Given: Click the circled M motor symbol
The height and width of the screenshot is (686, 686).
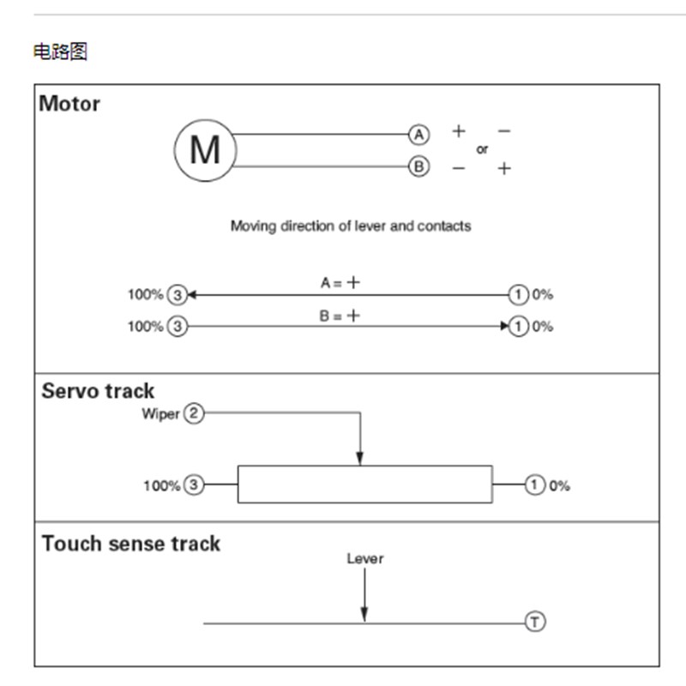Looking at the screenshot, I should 204,150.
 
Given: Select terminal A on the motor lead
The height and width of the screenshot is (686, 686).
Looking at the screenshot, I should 418,135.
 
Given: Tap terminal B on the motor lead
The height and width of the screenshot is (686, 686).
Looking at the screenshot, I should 418,166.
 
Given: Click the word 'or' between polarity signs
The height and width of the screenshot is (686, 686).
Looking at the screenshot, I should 482,149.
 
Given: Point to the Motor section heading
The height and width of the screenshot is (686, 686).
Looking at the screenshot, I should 69,104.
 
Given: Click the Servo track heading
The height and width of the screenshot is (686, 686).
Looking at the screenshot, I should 98,391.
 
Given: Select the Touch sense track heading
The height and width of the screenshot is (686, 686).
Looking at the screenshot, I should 130,544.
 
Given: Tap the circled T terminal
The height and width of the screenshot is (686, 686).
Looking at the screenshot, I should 535,622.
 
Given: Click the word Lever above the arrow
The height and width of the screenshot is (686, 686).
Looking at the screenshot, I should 364,558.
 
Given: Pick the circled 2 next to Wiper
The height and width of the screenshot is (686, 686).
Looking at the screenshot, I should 195,414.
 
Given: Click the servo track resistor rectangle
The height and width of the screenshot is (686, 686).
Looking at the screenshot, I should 364,484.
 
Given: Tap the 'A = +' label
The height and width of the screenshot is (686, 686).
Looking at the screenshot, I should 340,282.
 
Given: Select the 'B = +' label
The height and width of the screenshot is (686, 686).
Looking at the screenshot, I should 340,316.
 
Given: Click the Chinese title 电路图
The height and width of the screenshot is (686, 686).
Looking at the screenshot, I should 60,52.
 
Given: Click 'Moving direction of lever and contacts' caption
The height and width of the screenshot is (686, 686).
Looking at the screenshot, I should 351,226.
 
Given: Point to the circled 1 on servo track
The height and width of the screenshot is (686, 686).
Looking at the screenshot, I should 535,485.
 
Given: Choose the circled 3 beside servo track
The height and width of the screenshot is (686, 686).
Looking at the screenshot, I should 195,485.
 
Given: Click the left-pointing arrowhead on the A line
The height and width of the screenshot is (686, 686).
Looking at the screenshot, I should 193,295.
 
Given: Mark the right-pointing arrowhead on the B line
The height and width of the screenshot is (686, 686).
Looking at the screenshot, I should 503,326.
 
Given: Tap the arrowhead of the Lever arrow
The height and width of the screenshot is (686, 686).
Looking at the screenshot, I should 364,614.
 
